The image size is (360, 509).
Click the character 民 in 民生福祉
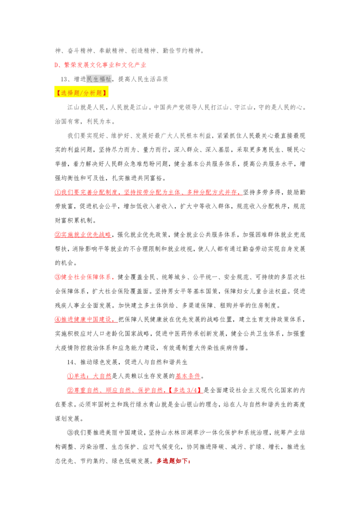pyautogui.click(x=89, y=79)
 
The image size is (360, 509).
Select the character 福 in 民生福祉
pyautogui.click(x=102, y=79)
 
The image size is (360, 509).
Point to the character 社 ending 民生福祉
pyautogui.click(x=108, y=79)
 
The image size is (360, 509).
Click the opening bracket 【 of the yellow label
pyautogui.click(x=58, y=93)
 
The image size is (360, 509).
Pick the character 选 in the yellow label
pyautogui.click(x=63, y=93)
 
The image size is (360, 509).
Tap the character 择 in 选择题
pyautogui.click(x=70, y=93)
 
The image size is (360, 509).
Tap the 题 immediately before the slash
pyautogui.click(x=76, y=93)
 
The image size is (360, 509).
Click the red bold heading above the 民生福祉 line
pyautogui.click(x=100, y=65)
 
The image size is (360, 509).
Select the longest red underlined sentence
pyautogui.click(x=148, y=192)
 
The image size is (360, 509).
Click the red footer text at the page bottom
pyautogui.click(x=173, y=460)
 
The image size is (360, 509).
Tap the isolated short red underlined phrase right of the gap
pyautogui.click(x=188, y=375)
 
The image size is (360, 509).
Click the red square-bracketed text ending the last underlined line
pyautogui.click(x=185, y=390)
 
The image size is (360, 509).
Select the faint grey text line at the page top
pyautogui.click(x=130, y=51)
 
